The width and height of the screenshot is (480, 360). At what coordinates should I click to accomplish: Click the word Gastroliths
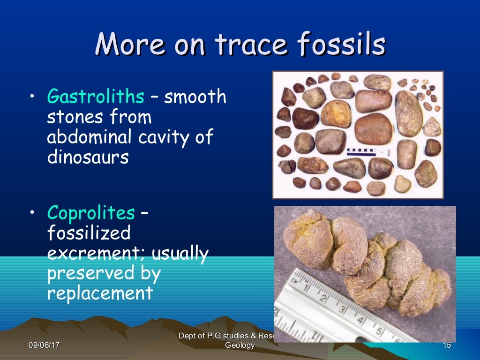click(x=95, y=97)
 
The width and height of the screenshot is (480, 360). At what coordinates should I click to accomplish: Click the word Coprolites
click(x=90, y=213)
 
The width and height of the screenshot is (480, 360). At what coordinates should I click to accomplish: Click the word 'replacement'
click(x=100, y=293)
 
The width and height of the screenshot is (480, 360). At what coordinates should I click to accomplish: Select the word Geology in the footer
click(x=240, y=345)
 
